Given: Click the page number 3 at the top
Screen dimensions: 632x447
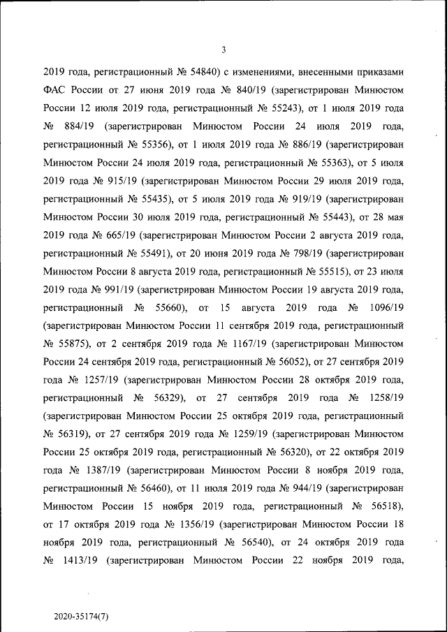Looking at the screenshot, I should (x=223, y=49).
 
